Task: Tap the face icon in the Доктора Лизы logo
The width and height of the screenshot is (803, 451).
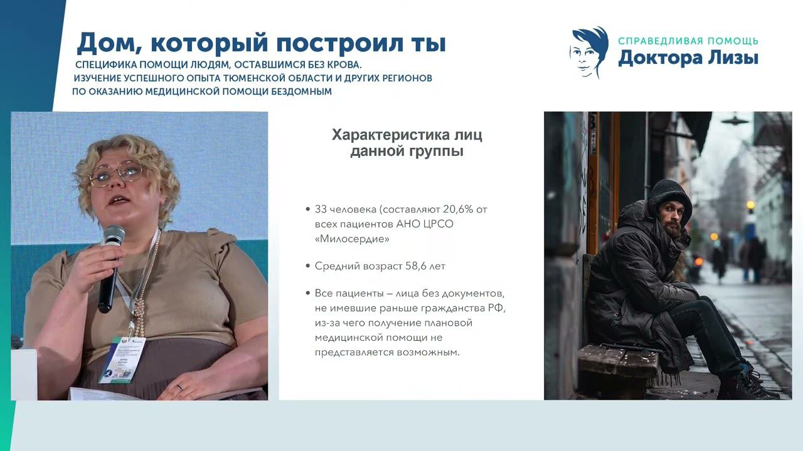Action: (588, 53)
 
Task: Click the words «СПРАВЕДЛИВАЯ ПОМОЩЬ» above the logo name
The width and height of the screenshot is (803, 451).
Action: (688, 41)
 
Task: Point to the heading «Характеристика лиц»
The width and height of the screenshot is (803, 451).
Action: (407, 135)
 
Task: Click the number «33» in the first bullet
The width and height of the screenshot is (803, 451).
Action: (321, 209)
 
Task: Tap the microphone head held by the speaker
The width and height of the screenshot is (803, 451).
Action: (114, 236)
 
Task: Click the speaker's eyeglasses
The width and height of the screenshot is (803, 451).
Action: (116, 173)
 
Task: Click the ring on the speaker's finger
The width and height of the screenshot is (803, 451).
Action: (179, 387)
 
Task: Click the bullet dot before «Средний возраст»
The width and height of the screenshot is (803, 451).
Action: (307, 266)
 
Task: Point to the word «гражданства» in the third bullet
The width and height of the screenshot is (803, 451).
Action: (440, 308)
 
